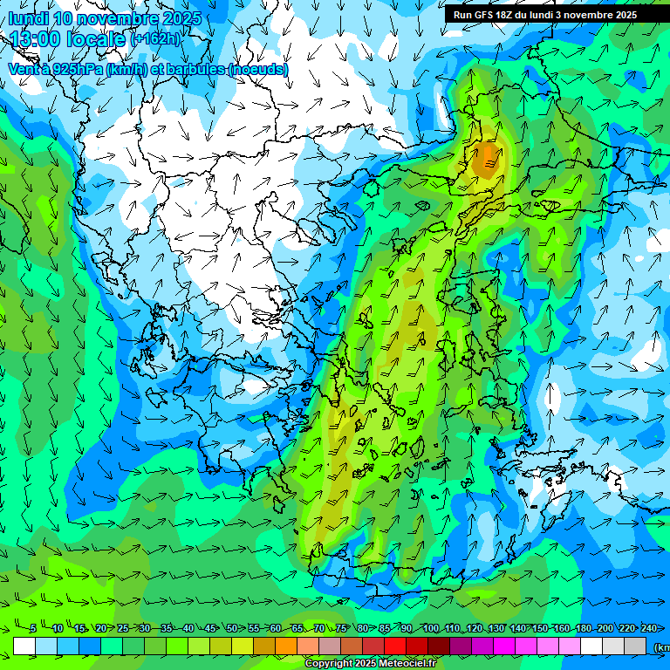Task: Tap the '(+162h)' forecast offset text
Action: (x=155, y=39)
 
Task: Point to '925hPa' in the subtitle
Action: (x=75, y=69)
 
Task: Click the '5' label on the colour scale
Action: (x=33, y=628)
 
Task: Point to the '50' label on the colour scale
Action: (x=232, y=628)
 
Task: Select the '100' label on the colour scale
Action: (x=430, y=628)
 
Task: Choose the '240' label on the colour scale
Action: (x=648, y=628)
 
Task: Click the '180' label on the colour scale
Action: (x=583, y=628)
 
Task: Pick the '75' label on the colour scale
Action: (x=342, y=628)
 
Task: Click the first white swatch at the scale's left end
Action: (x=24, y=646)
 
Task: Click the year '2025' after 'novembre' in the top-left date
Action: (x=181, y=18)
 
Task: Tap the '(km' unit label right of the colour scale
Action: (x=660, y=646)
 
